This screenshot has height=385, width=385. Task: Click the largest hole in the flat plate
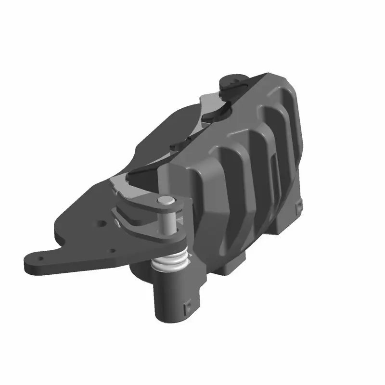click(102, 224)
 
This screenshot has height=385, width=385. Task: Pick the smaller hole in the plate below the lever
click(112, 250)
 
